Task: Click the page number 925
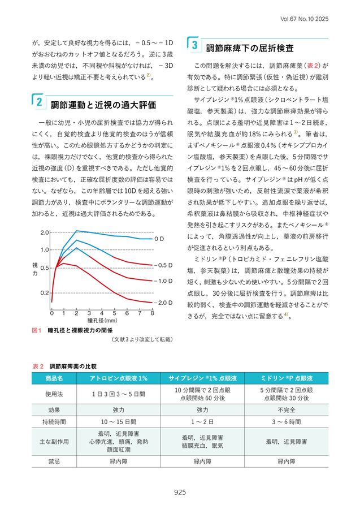click(180, 492)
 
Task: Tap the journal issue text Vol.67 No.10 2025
click(304, 19)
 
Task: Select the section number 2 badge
click(39, 102)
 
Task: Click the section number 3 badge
click(194, 45)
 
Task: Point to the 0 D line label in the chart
click(159, 239)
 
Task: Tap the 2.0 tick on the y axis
click(45, 232)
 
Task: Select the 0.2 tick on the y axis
click(45, 293)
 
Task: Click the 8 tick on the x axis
click(152, 313)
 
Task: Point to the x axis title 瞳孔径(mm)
click(102, 321)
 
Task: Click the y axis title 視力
click(35, 269)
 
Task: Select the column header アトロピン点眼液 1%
click(118, 378)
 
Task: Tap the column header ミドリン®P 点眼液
click(287, 378)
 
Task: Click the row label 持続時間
click(54, 422)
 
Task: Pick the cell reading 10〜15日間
click(118, 422)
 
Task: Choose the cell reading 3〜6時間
click(287, 422)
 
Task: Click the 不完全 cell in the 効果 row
click(287, 410)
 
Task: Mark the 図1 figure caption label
click(37, 330)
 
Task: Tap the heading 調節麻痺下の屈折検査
click(250, 49)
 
